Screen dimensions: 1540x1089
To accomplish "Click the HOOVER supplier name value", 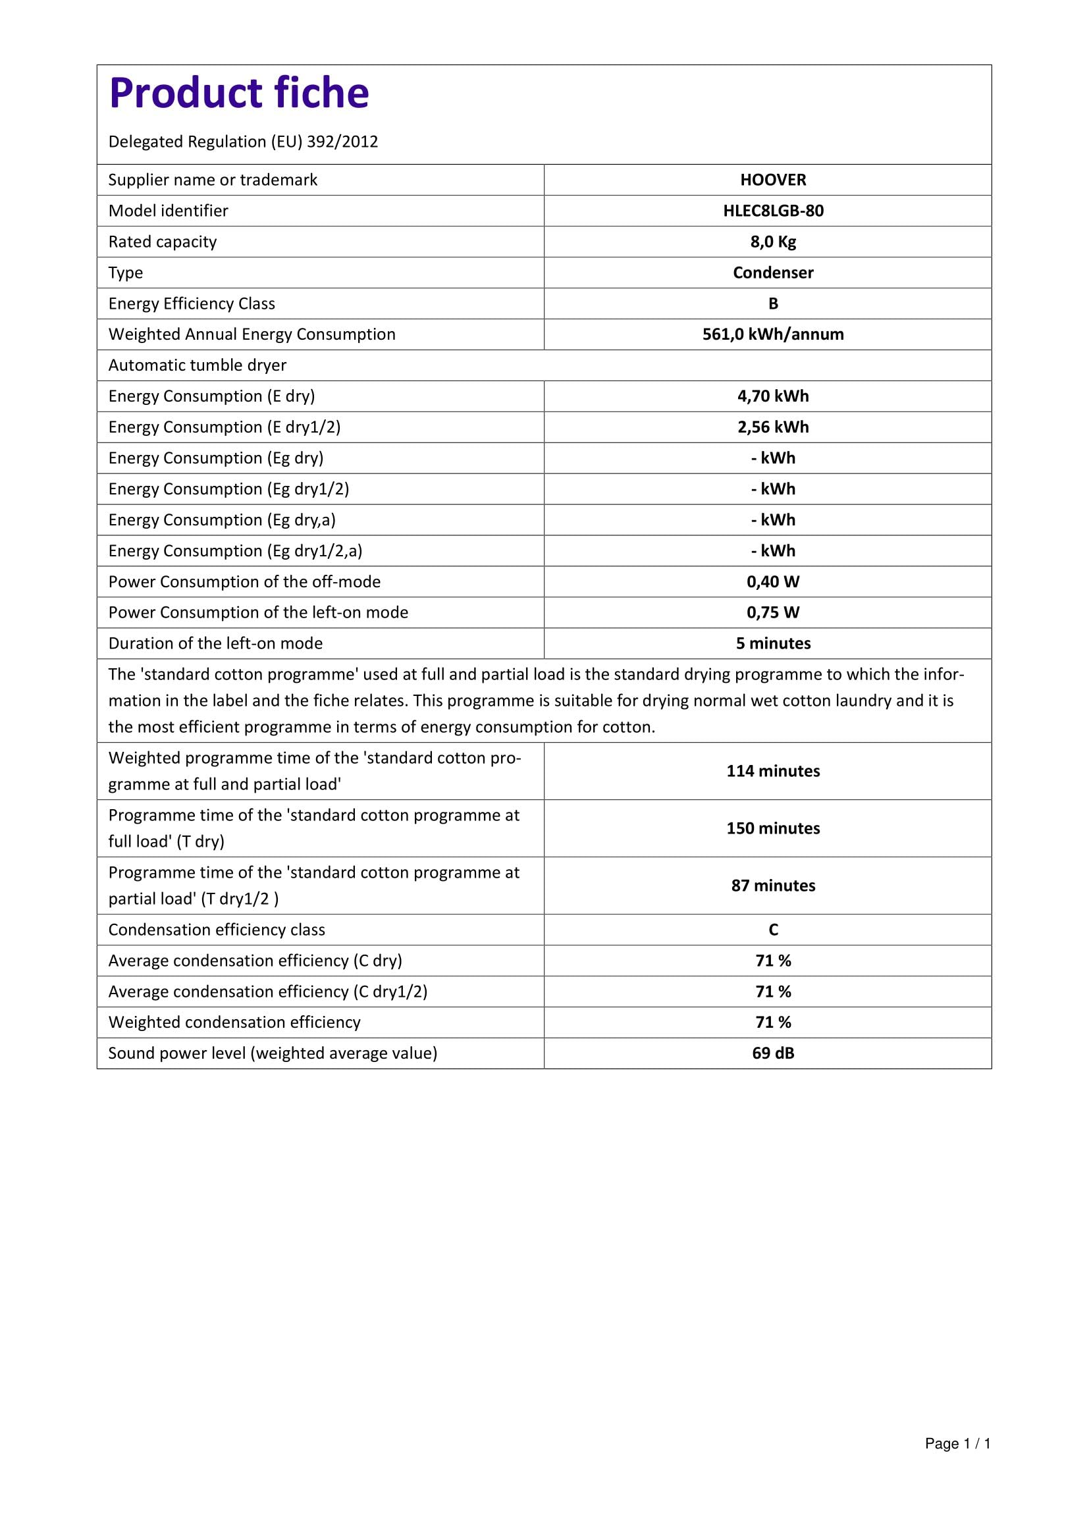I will [x=772, y=180].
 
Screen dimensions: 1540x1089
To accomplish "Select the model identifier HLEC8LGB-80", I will [x=772, y=211].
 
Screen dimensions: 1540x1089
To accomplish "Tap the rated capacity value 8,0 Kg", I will [x=772, y=242].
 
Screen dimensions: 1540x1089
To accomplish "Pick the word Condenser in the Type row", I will [x=772, y=273].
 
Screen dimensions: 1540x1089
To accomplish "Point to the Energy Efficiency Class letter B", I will [x=772, y=303].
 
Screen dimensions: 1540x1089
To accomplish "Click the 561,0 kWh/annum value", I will [x=772, y=334].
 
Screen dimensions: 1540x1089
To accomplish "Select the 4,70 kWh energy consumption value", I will [x=772, y=396].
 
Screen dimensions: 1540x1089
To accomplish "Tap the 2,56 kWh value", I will [x=772, y=427].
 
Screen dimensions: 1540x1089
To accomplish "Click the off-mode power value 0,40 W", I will [x=772, y=581].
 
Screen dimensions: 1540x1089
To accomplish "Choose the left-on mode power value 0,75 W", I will [x=772, y=612].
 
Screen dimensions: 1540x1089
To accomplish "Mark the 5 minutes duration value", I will [x=772, y=643].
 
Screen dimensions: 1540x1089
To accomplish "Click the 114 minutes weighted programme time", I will [x=772, y=771].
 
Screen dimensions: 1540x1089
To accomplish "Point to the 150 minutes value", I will [x=772, y=828].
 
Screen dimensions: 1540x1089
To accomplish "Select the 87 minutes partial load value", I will [x=772, y=886].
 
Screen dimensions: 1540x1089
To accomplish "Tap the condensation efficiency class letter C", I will [x=772, y=930].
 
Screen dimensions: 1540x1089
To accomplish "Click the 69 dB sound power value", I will [x=772, y=1053].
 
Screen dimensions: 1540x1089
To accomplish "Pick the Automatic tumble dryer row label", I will [x=197, y=365].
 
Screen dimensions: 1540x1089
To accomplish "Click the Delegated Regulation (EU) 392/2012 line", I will [x=243, y=142].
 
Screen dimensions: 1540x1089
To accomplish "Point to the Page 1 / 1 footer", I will [x=957, y=1462].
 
